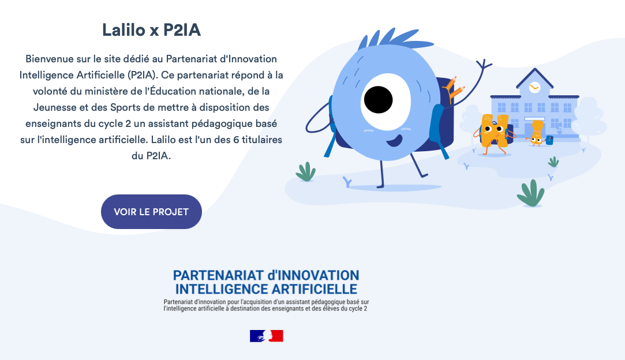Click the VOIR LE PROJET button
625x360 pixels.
click(151, 212)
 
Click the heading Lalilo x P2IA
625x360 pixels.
click(151, 30)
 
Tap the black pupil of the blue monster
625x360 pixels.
click(378, 100)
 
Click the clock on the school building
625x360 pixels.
click(534, 87)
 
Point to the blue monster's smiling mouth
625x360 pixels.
click(395, 140)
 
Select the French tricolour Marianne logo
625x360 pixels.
click(267, 336)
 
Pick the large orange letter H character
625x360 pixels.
click(494, 132)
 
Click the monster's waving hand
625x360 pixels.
click(484, 64)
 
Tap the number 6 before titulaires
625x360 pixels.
click(237, 140)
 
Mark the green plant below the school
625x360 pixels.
click(530, 194)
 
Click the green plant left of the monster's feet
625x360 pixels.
click(306, 172)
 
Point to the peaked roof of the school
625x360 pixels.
click(534, 78)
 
